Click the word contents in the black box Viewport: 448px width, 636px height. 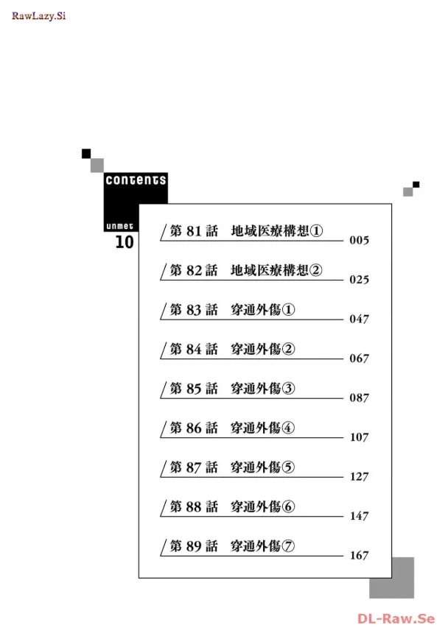coord(136,180)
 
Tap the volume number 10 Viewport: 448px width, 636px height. coord(125,242)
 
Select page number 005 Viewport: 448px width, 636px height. coord(359,241)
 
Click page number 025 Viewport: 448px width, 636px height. coord(359,280)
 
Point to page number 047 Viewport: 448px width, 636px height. coord(359,319)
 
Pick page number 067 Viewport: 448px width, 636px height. coord(359,358)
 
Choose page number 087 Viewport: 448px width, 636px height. coord(359,398)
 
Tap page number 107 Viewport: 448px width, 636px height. coord(359,437)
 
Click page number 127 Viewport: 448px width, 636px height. coord(359,477)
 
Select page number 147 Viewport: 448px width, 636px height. coord(359,516)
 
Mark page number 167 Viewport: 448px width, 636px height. coord(359,556)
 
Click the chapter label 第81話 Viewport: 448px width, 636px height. coord(194,231)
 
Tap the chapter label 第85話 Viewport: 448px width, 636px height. coord(194,389)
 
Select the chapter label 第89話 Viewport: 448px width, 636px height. coord(194,546)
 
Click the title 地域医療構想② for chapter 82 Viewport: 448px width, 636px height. coord(276,270)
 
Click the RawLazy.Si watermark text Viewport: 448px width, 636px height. coord(38,15)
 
